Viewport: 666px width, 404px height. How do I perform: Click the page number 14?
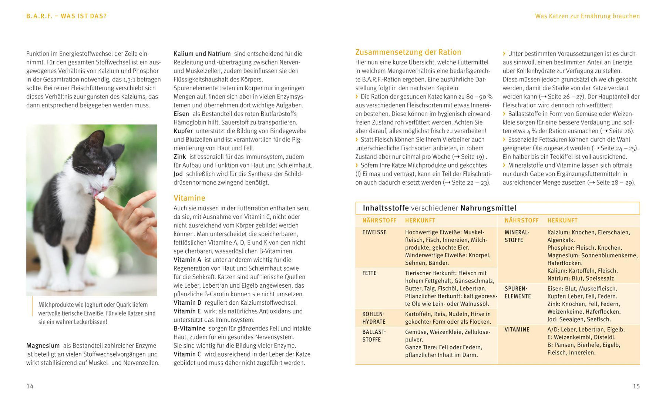[x=30, y=386]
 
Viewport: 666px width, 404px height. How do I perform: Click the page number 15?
[x=636, y=386]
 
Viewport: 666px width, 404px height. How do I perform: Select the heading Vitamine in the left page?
[x=189, y=198]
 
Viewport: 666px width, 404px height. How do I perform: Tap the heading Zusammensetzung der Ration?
[x=408, y=52]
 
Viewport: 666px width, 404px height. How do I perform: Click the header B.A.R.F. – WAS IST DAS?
[x=66, y=16]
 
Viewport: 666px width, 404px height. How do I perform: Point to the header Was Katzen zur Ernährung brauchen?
[x=587, y=16]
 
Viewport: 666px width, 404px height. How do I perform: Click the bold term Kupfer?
[x=183, y=131]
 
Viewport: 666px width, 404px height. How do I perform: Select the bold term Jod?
[x=178, y=174]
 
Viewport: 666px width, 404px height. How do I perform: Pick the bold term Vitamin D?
[x=188, y=303]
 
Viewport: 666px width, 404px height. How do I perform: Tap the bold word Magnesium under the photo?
[x=43, y=346]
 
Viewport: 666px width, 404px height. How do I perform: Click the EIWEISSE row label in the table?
[x=374, y=233]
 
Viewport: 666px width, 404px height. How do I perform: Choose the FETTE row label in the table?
[x=369, y=273]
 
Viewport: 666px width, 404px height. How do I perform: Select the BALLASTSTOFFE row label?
[x=374, y=336]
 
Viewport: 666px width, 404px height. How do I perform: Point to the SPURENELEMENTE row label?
[x=518, y=293]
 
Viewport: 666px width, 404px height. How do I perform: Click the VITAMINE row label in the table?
[x=517, y=330]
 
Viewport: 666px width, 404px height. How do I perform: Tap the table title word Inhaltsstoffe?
[x=386, y=208]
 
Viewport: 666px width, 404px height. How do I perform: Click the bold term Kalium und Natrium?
[x=202, y=54]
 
